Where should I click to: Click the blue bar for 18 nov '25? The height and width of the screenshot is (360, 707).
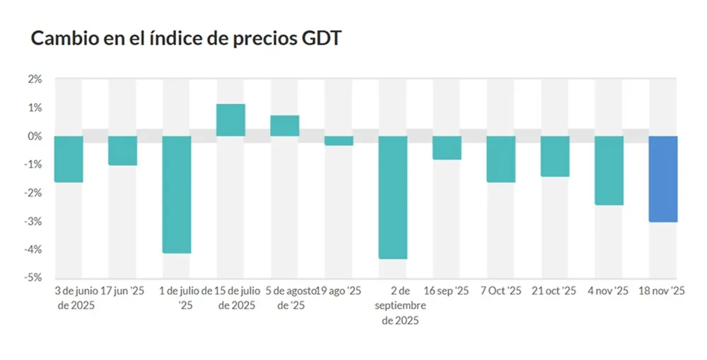pos(663,179)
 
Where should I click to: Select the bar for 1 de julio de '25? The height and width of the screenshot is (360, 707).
pos(177,194)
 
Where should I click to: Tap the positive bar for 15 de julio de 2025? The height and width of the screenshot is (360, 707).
pos(230,120)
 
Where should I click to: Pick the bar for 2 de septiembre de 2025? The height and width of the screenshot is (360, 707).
pos(392,197)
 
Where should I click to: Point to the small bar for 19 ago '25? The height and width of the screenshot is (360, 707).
pos(339,141)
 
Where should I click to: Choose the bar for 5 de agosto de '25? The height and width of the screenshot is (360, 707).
pos(285,126)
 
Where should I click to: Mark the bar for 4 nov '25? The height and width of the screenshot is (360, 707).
pos(609,170)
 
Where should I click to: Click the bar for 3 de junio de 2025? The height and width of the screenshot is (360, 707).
pos(69,159)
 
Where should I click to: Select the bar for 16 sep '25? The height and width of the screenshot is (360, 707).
pos(447,148)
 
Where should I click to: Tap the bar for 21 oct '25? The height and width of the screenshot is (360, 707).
pos(555,156)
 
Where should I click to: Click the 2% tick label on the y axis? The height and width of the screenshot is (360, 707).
pos(35,79)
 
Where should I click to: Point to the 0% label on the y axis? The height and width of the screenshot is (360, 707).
pos(35,136)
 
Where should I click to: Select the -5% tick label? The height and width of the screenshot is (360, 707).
pos(33,277)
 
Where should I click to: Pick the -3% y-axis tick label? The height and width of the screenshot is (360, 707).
pos(33,221)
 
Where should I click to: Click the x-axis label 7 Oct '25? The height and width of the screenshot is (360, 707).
pos(501,291)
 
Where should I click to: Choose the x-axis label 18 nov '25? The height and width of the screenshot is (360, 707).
pos(662,291)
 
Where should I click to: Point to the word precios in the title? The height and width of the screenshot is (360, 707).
pos(255,39)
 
